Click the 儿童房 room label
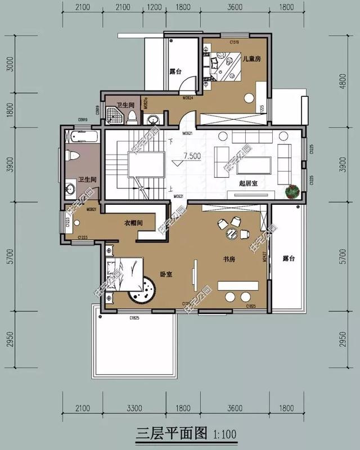click(251, 58)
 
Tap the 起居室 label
click(232, 184)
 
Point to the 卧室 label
click(165, 274)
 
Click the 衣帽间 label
click(133, 223)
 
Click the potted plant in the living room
click(292, 192)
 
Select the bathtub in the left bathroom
click(81, 137)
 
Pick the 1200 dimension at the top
click(153, 7)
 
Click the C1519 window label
click(235, 42)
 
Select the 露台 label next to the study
click(289, 259)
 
